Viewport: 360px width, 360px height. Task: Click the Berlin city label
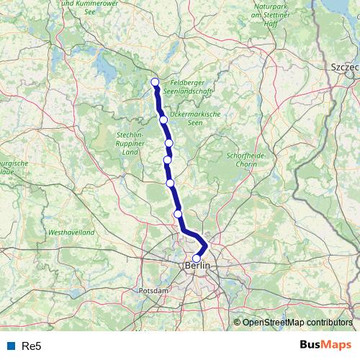[198, 266]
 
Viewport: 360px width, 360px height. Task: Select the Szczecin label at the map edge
[344, 66]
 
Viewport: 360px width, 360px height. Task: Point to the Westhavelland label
[71, 233]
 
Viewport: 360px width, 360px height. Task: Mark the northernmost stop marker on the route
[155, 81]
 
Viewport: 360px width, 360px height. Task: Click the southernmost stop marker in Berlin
[197, 258]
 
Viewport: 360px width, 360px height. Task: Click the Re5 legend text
[32, 346]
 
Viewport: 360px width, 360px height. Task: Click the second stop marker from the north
[163, 120]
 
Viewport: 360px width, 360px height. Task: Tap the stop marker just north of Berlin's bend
[178, 213]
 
